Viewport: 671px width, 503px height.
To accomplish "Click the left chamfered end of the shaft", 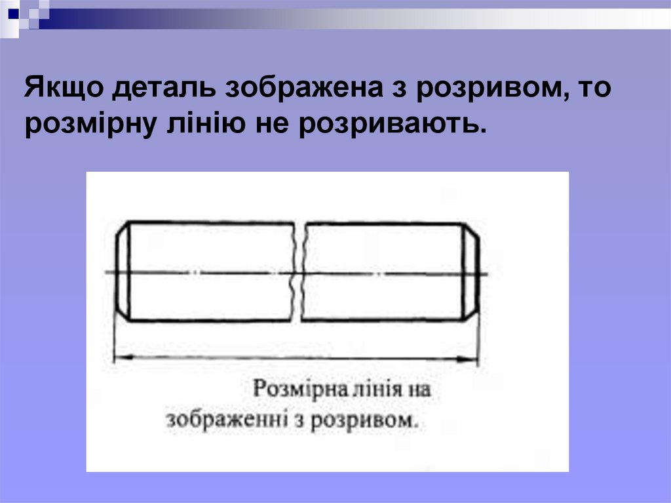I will (121, 271).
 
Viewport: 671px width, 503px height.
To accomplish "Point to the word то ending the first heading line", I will (593, 89).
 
